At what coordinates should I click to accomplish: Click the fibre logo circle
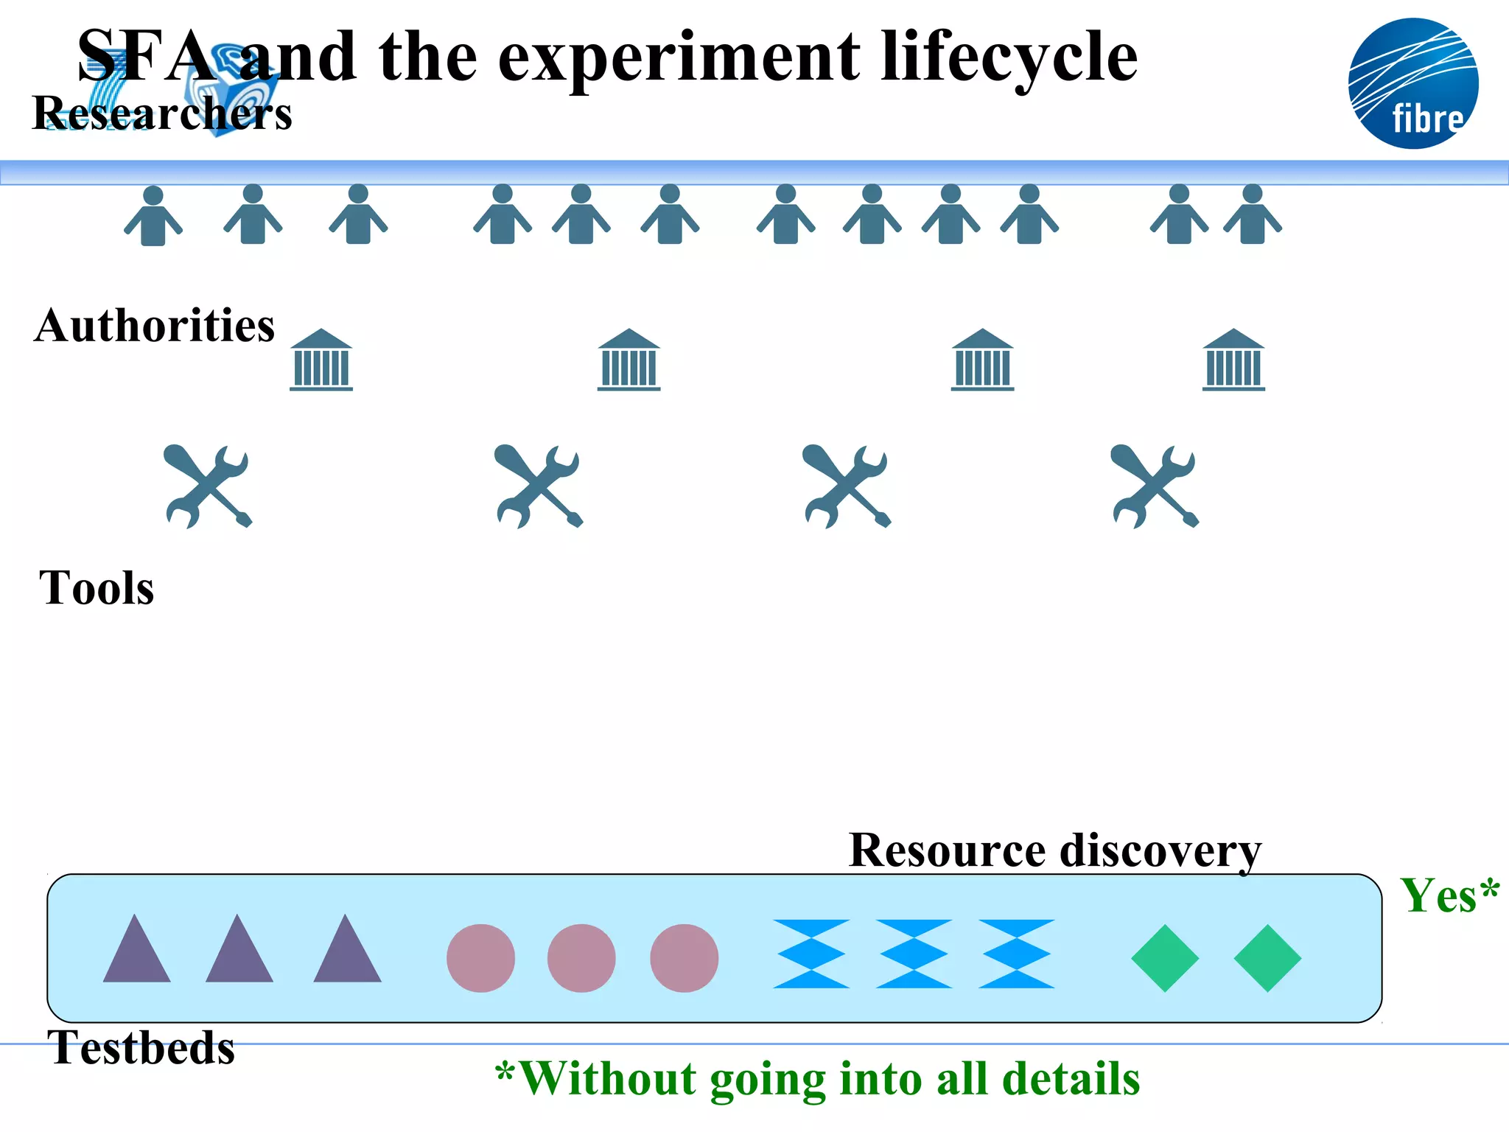pyautogui.click(x=1413, y=83)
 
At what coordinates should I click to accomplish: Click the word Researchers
pyautogui.click(x=162, y=114)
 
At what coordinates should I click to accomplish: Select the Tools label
pyautogui.click(x=97, y=588)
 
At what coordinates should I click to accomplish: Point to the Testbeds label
pyautogui.click(x=141, y=1047)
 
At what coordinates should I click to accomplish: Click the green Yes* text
pyautogui.click(x=1449, y=896)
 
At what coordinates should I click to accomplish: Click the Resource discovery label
pyautogui.click(x=1054, y=850)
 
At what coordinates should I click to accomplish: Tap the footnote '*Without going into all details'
pyautogui.click(x=818, y=1079)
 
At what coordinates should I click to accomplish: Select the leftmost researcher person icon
pyautogui.click(x=153, y=216)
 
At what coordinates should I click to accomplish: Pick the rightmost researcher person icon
pyautogui.click(x=1253, y=214)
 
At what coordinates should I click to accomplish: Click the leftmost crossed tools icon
pyautogui.click(x=208, y=486)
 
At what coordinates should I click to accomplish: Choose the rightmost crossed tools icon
pyautogui.click(x=1155, y=486)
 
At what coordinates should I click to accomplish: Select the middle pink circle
pyautogui.click(x=581, y=958)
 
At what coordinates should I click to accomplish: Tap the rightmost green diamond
pyautogui.click(x=1267, y=958)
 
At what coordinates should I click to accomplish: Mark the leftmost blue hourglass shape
pyautogui.click(x=811, y=954)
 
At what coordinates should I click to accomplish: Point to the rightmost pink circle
pyautogui.click(x=684, y=958)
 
